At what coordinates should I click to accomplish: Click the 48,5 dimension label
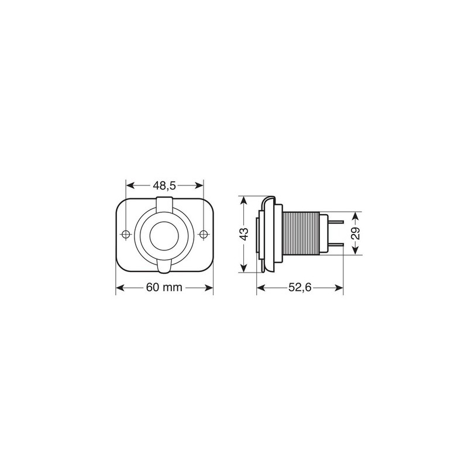[164, 185]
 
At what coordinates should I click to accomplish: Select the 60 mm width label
[164, 287]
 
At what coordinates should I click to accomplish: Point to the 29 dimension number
[356, 233]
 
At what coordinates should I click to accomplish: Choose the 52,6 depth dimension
[300, 287]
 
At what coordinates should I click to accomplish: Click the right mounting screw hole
[203, 235]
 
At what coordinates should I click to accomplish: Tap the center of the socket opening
[164, 235]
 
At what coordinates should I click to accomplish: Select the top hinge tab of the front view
[164, 204]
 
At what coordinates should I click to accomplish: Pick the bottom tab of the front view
[164, 267]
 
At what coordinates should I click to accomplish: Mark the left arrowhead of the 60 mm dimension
[119, 287]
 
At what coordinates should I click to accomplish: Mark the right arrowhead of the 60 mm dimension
[211, 287]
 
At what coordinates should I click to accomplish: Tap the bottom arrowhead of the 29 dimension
[356, 252]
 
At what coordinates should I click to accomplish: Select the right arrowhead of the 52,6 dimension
[340, 287]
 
